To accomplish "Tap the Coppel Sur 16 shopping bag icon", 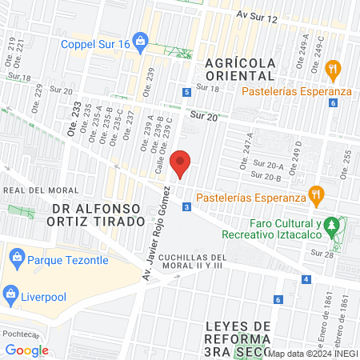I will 141,39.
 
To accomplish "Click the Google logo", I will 26,350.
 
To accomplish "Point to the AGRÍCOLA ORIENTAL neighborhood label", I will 239,69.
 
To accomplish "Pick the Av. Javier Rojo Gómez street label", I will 157,230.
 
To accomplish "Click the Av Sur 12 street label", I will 257,16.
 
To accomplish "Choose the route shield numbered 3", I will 186,207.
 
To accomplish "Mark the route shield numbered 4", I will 306,279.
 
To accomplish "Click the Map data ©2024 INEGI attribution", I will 312,353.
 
